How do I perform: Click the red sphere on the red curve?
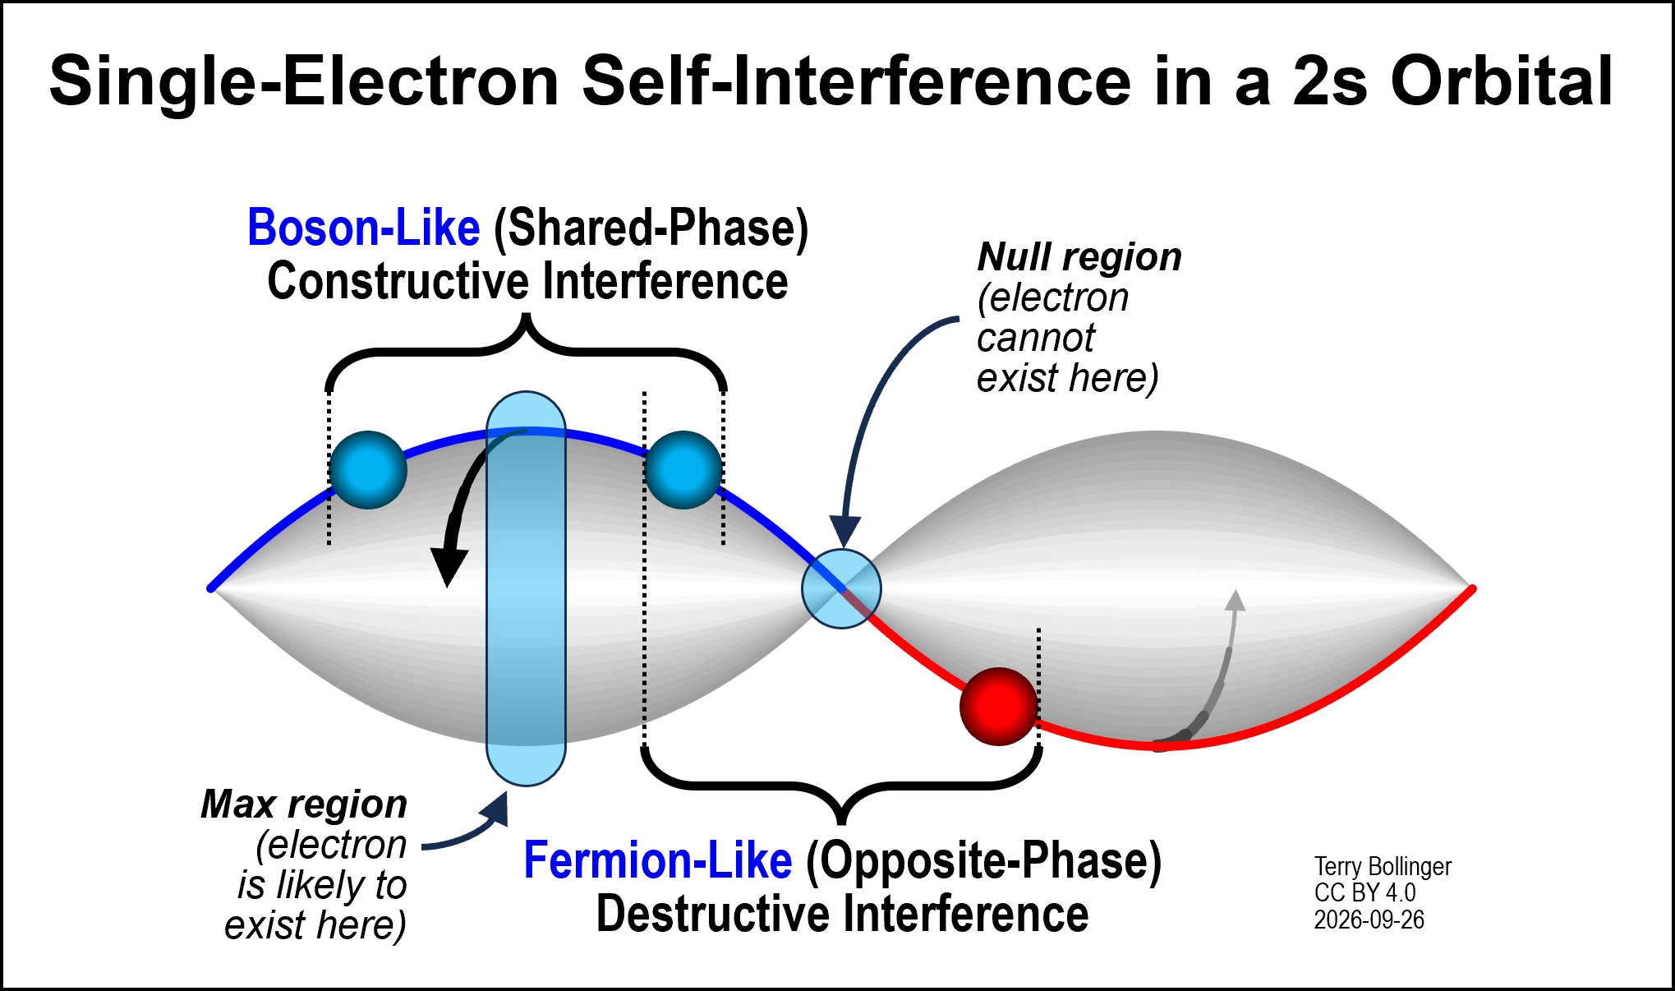999,706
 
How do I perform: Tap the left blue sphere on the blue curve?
368,470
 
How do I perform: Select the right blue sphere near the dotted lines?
683,470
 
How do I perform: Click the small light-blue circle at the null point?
841,589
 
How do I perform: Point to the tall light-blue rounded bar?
526,588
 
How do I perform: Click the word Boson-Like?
363,228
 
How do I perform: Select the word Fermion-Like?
658,860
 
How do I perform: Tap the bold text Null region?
1079,257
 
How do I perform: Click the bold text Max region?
304,804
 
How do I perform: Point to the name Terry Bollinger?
1383,867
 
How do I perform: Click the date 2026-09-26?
1369,920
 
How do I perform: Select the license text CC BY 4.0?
1364,893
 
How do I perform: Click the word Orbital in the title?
1502,82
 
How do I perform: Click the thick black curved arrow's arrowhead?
449,567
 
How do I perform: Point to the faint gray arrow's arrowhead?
1235,600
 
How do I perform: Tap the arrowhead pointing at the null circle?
844,532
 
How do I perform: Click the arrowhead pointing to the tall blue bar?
495,809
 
